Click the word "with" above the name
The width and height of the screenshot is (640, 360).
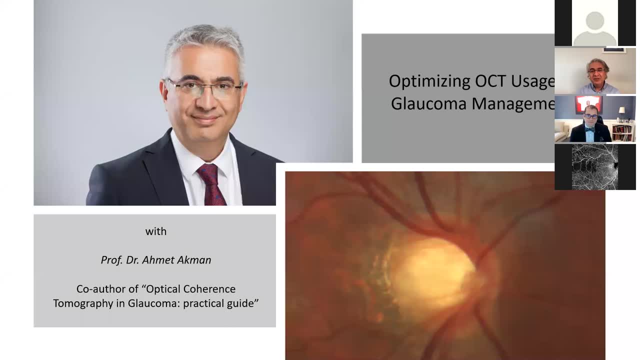click(156, 231)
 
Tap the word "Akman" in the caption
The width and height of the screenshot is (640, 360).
click(196, 260)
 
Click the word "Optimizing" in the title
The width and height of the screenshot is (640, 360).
click(429, 81)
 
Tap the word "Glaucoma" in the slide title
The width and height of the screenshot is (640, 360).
click(429, 103)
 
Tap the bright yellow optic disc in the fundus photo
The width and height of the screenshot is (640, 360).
click(434, 272)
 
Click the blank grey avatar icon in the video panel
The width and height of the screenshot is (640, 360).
click(594, 28)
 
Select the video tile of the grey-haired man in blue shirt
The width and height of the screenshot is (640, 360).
click(595, 71)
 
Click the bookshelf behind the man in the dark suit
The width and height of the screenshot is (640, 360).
click(623, 131)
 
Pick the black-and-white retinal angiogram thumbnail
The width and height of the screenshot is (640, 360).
click(594, 167)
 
